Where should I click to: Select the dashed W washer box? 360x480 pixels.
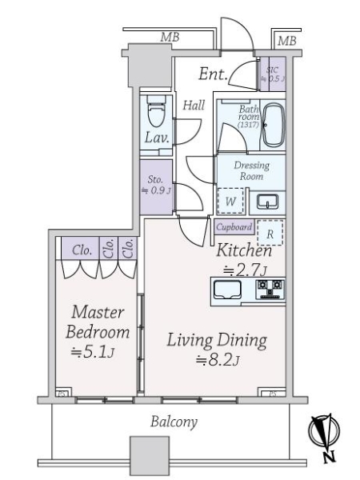230,201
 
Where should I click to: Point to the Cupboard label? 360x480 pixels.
234,227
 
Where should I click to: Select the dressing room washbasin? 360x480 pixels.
269,199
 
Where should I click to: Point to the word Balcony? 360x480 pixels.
174,422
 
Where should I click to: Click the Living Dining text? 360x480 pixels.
215,341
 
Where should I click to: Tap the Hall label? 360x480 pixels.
193,104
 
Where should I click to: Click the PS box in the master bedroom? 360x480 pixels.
62,393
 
